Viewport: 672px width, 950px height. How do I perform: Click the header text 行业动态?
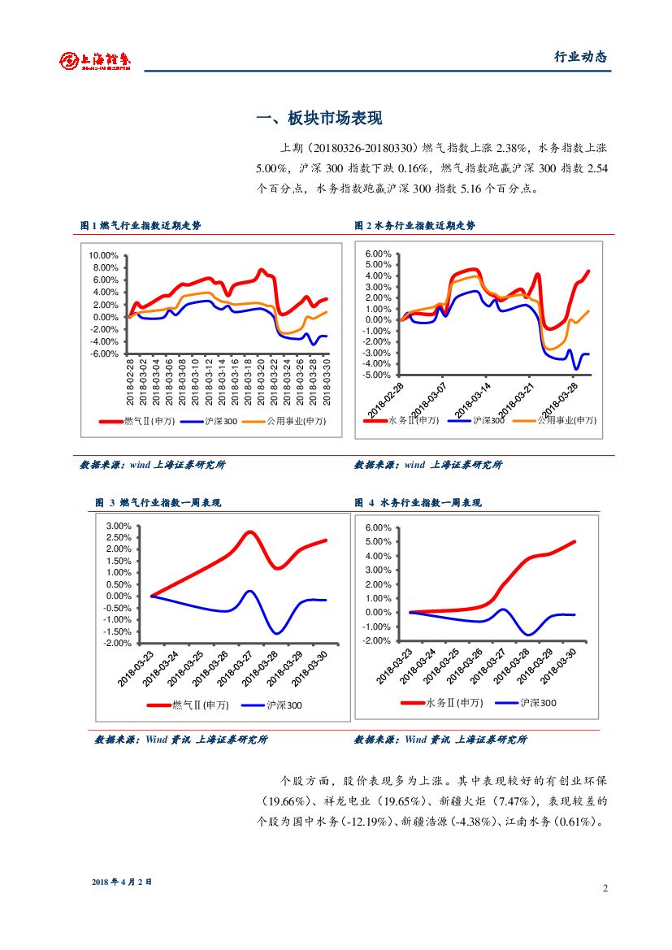[580, 57]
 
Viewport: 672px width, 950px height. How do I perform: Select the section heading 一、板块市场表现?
[319, 119]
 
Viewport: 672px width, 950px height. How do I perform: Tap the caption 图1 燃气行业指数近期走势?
[141, 225]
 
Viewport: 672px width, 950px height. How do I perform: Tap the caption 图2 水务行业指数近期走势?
[414, 225]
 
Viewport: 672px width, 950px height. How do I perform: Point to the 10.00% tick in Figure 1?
[104, 255]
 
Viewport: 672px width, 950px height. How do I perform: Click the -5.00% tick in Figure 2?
[378, 375]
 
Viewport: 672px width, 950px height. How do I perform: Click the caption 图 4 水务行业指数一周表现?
[418, 503]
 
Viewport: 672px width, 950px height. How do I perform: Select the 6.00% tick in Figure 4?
[378, 528]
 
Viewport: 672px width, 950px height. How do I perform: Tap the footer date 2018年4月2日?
[122, 882]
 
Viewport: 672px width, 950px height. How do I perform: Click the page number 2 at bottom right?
[605, 887]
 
